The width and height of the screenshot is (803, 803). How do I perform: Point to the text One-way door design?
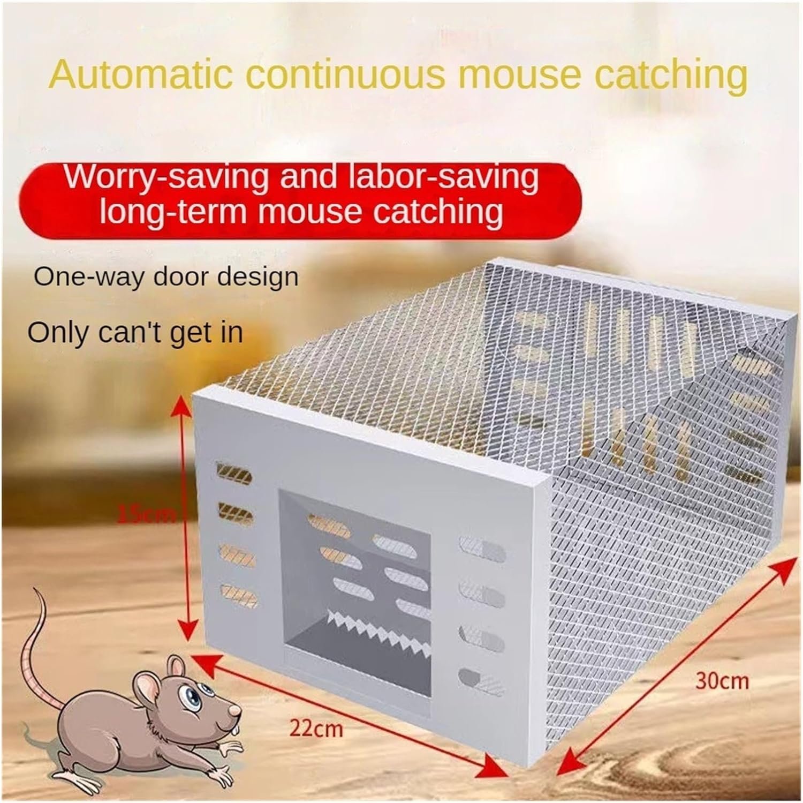pyautogui.click(x=165, y=277)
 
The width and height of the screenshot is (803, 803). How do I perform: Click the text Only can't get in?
pyautogui.click(x=135, y=333)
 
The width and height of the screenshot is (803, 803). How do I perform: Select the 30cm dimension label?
pyautogui.click(x=722, y=681)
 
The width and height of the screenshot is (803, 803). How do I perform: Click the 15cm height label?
pyautogui.click(x=147, y=515)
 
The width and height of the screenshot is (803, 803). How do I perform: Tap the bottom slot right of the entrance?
pyautogui.click(x=481, y=676)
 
